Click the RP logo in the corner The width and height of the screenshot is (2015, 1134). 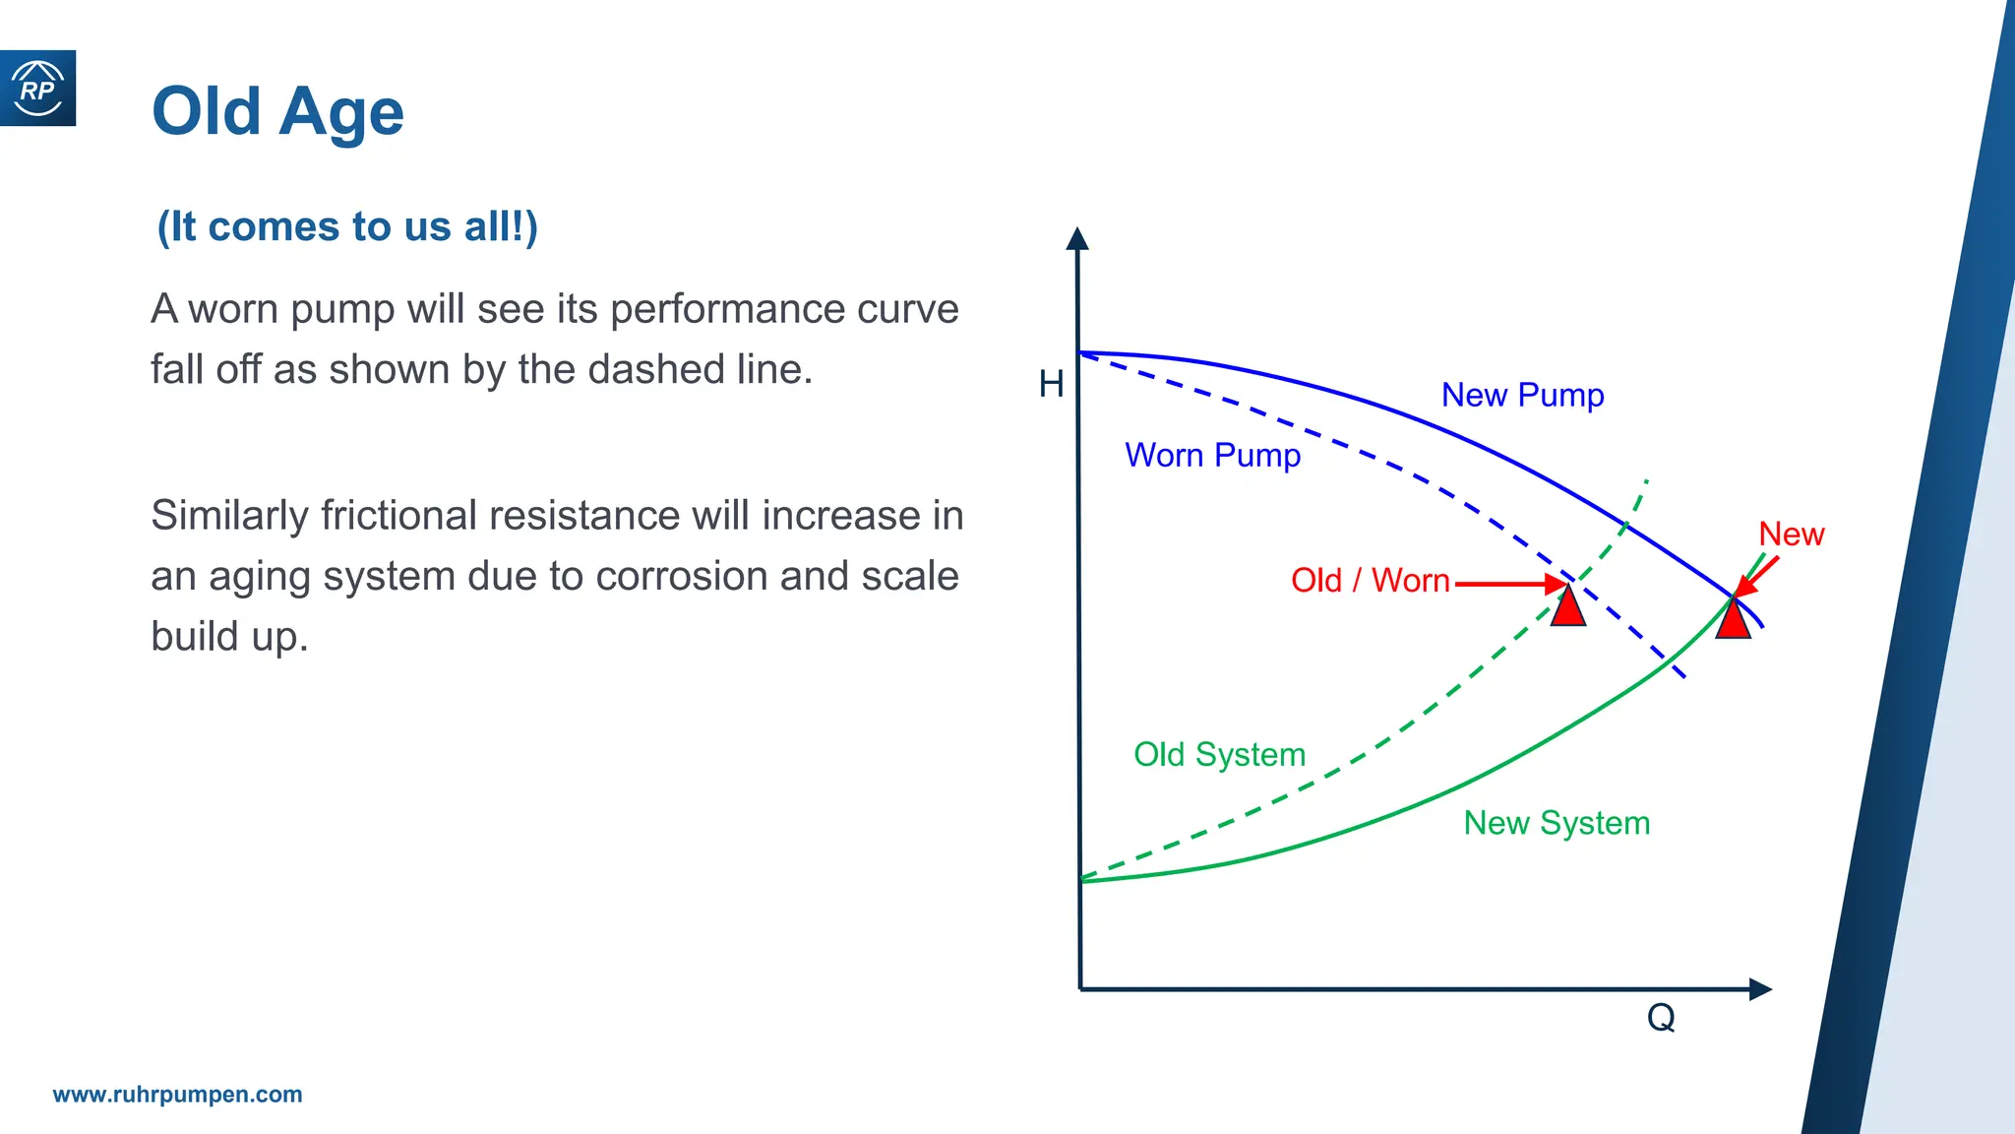[x=37, y=89]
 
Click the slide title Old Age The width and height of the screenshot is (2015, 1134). [x=277, y=111]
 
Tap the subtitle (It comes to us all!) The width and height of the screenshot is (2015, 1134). [x=347, y=226]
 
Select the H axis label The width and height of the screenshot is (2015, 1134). [x=1051, y=384]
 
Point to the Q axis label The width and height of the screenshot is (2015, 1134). [x=1661, y=1017]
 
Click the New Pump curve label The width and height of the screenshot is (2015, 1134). [x=1522, y=395]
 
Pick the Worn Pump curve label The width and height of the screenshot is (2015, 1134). [x=1212, y=455]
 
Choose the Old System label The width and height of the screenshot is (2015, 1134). [x=1219, y=754]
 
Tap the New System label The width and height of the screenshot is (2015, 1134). [x=1557, y=823]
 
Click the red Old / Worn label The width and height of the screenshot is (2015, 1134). [x=1370, y=581]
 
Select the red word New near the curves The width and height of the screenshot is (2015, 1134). [x=1791, y=534]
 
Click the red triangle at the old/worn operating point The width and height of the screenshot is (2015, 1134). [x=1568, y=608]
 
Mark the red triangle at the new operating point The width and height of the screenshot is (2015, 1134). [x=1733, y=620]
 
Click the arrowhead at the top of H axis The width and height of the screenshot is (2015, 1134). [x=1077, y=238]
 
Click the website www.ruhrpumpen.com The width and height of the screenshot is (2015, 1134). [x=177, y=1095]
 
